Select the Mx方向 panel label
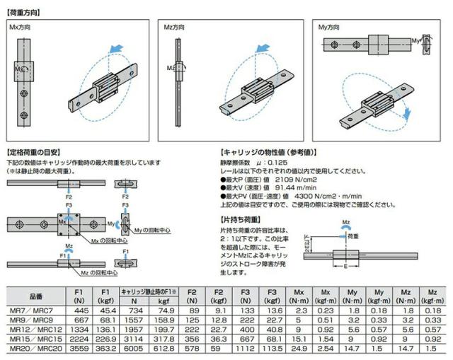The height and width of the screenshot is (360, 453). coord(21,27)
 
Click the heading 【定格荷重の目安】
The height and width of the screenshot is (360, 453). coord(37,152)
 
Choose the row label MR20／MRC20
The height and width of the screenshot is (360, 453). coord(35,349)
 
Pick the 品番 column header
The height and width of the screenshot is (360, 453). coord(35,295)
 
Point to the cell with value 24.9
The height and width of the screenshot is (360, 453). coord(299,349)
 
